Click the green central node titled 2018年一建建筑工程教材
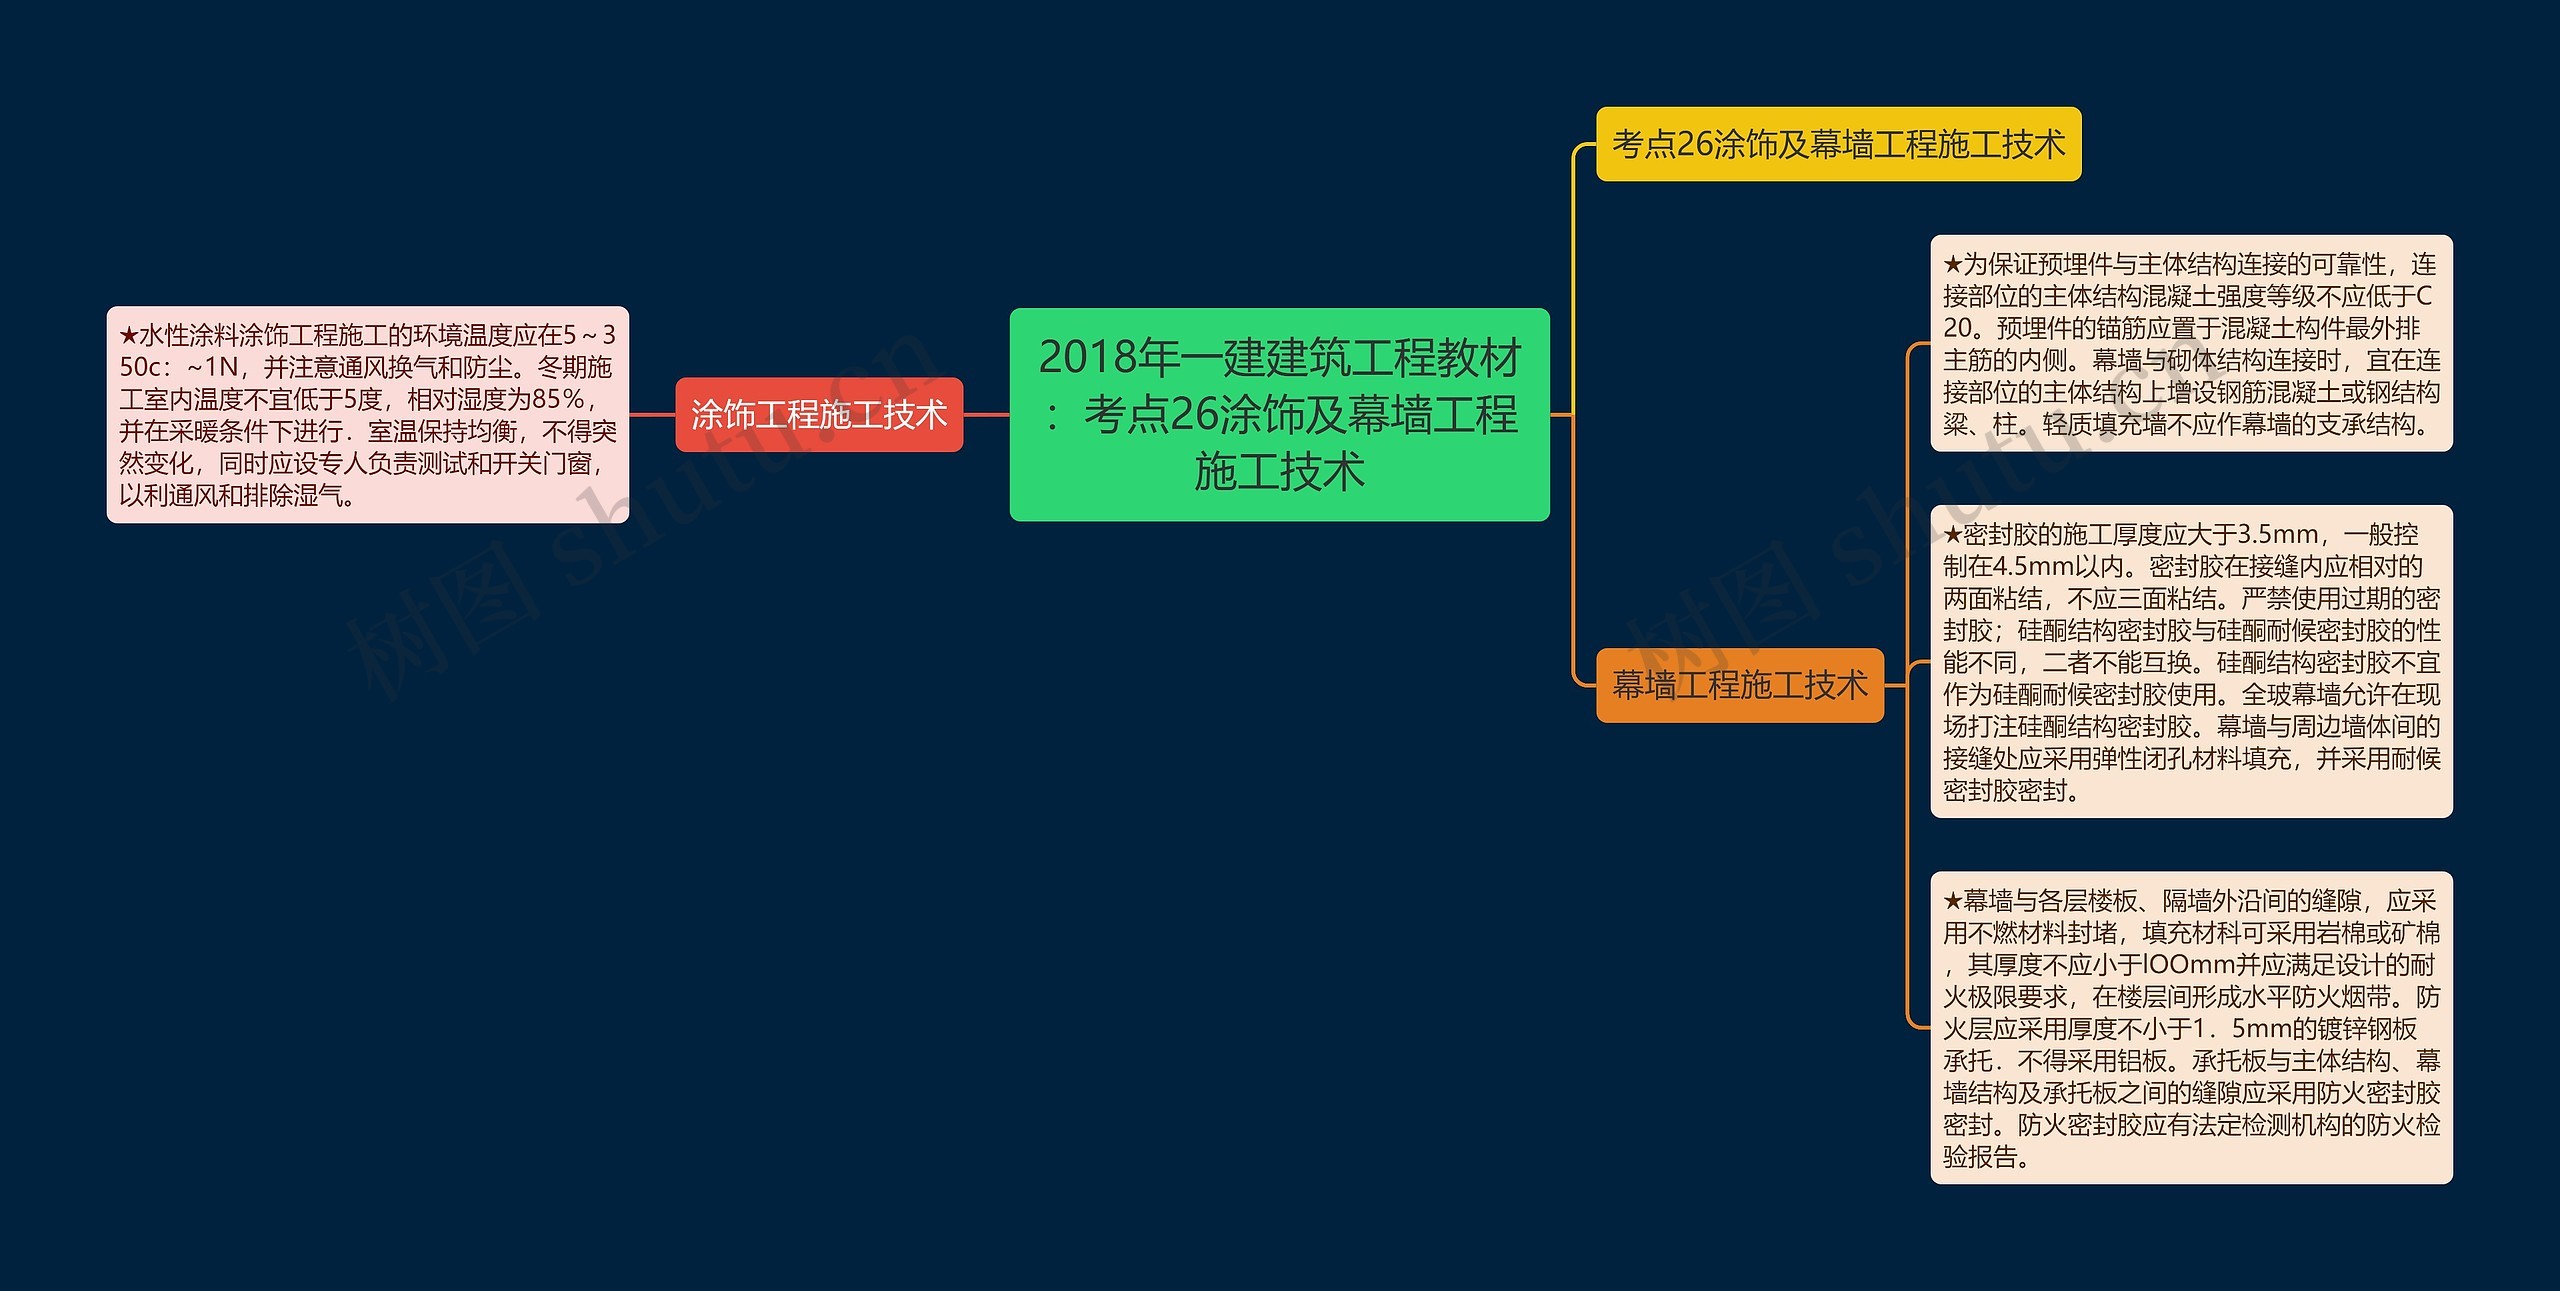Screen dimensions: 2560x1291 pos(1279,414)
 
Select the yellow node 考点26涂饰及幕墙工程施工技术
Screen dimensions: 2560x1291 pos(1838,144)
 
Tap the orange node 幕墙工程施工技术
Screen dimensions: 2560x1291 pos(1739,685)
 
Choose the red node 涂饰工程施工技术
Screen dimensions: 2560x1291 pos(819,414)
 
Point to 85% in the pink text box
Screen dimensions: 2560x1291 pos(559,399)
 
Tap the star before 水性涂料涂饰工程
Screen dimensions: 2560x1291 pos(129,335)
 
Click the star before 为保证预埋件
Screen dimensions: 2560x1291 pos(1953,264)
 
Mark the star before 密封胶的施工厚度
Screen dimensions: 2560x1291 pos(1953,534)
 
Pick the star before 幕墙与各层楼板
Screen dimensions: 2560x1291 pos(1953,901)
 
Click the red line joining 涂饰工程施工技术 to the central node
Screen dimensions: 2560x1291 pos(986,414)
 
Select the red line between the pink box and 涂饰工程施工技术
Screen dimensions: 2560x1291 pos(652,414)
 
